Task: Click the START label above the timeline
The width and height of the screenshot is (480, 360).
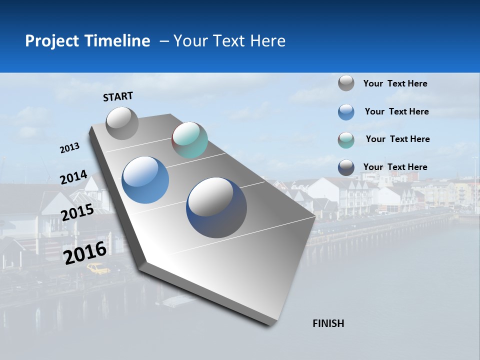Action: pos(118,96)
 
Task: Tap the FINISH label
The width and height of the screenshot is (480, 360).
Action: pos(328,323)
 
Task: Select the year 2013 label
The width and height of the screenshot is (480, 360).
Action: pos(69,148)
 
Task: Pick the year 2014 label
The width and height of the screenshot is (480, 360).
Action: pos(73,177)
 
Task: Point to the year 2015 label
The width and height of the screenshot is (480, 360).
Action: pos(77,212)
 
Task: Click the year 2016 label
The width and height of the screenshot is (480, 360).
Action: pos(85,252)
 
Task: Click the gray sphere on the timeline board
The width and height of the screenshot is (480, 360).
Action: pos(122,123)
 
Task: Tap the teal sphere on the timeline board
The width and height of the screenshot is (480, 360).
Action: pos(189,140)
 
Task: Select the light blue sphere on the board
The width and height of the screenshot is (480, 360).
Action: pos(145,180)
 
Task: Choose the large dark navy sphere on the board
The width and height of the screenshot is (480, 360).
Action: pos(216,207)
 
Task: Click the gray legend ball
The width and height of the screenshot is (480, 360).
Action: pos(346,83)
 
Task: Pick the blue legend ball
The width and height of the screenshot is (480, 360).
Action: pos(346,112)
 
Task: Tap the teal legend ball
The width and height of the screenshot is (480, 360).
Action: pos(346,140)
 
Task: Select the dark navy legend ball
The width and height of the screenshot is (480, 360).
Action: pos(346,167)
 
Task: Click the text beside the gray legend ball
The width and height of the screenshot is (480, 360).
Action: pos(395,83)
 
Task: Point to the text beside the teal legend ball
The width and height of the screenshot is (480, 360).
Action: pos(397,139)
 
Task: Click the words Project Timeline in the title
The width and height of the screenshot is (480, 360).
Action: pos(87,41)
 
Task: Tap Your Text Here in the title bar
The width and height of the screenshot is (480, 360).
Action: pos(229,41)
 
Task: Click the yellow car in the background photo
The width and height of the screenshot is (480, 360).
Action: pos(98,269)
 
